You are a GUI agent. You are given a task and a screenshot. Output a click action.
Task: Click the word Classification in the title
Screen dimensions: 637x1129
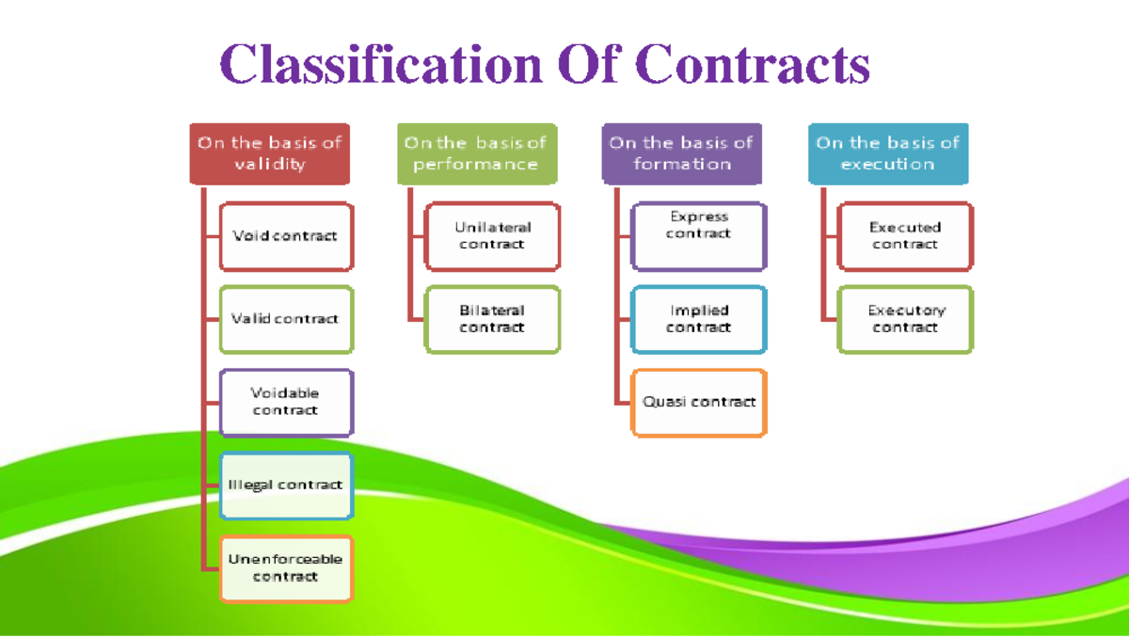380,64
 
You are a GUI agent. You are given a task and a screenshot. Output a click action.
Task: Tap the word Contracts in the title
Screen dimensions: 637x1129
752,64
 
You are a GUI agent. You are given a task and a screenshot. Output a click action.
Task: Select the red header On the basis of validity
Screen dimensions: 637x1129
269,153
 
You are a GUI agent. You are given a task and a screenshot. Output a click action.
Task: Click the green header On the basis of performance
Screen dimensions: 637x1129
476,153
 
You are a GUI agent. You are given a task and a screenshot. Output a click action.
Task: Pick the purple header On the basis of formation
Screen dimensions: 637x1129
681,153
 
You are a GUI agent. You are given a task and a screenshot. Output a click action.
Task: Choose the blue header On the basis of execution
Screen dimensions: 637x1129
887,153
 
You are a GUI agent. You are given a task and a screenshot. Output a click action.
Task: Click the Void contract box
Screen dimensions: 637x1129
286,236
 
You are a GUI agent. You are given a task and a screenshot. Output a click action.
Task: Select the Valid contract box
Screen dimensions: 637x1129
286,319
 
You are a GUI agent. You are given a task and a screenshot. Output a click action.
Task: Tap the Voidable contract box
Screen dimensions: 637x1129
286,402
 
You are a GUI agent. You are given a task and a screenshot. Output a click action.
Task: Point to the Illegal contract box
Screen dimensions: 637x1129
286,486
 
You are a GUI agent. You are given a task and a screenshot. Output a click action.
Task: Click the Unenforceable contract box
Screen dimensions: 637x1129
286,568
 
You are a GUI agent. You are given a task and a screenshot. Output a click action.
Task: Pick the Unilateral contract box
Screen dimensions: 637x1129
492,236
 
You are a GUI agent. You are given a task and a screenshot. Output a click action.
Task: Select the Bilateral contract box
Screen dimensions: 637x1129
492,319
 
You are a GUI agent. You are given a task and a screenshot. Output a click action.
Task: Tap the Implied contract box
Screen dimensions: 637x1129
698,319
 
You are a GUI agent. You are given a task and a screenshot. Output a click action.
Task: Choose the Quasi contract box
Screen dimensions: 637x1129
698,402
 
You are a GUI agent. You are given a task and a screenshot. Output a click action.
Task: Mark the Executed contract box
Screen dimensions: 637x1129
904,236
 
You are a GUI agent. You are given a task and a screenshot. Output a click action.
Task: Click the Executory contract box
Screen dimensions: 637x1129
904,319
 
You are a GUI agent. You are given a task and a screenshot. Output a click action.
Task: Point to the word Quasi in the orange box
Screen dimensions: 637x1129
661,402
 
